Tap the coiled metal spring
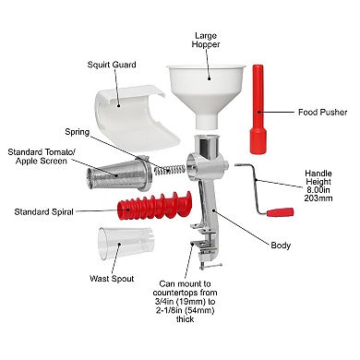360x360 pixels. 171,169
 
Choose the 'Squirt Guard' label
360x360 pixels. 113,65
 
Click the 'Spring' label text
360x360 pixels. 78,131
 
